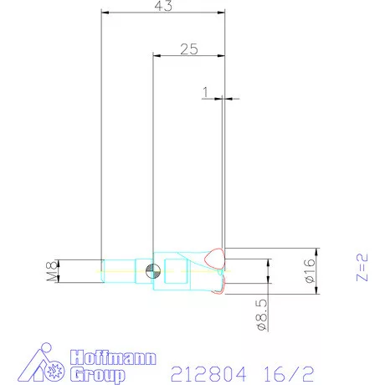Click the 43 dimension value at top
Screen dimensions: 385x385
click(x=164, y=6)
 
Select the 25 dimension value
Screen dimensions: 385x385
click(x=189, y=49)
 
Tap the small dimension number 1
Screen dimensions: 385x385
click(x=204, y=91)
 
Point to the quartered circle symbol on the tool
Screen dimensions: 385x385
click(x=151, y=270)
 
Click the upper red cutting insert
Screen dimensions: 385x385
click(x=217, y=258)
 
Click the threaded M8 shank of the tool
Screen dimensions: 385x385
click(x=117, y=270)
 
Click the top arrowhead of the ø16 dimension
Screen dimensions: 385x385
click(x=316, y=251)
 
